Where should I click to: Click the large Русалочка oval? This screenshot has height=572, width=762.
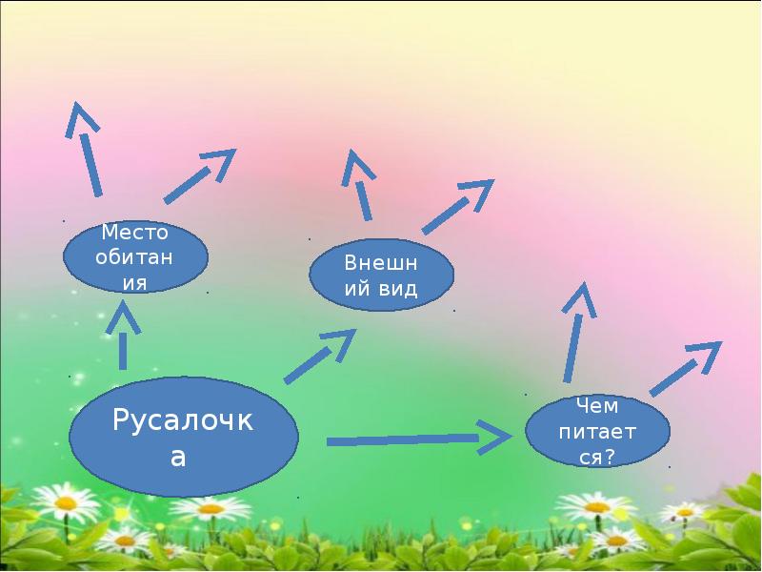point(184,438)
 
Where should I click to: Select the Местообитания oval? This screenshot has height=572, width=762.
point(135,257)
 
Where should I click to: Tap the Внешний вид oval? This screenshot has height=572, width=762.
point(381,274)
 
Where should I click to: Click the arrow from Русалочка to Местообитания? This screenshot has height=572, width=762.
point(123,336)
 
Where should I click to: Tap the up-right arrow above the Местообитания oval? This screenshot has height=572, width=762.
point(200,175)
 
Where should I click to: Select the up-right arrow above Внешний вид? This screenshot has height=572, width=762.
point(457,205)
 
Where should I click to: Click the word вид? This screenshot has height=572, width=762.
point(399,289)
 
